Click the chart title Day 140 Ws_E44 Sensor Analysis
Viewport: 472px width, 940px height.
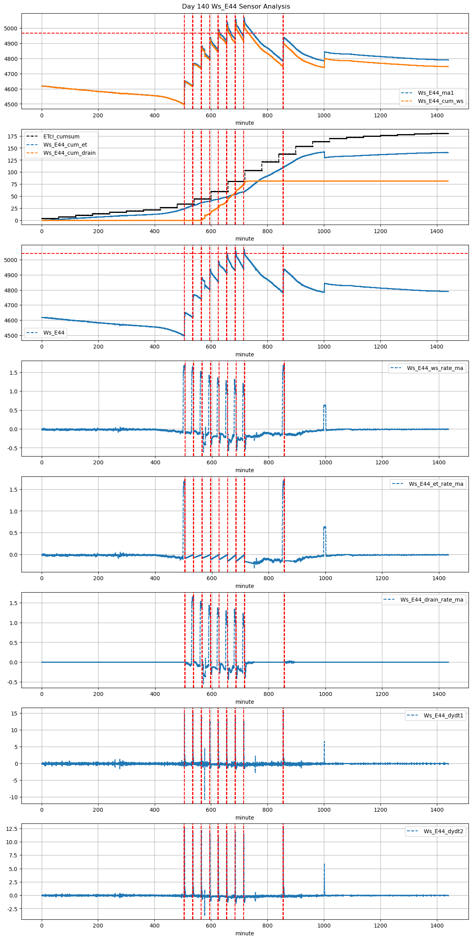236,6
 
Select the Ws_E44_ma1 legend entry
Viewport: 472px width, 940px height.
436,93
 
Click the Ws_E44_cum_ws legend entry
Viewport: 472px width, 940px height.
440,101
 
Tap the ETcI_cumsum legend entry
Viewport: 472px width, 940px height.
61,136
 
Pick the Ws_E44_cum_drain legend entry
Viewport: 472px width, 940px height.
69,153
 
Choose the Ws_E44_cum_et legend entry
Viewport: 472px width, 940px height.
65,145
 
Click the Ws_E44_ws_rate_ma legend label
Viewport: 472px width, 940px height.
435,368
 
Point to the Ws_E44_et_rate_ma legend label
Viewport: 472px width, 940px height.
436,484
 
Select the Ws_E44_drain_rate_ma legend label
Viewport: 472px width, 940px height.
432,600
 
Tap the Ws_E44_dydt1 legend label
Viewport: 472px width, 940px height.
444,715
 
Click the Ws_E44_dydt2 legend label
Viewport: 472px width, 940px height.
444,831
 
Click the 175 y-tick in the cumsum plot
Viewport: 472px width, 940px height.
12,136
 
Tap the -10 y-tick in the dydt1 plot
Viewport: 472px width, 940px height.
14,797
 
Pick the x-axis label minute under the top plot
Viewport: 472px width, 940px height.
244,123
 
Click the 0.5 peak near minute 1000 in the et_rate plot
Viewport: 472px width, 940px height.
325,527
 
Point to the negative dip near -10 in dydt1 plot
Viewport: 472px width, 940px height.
205,798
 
